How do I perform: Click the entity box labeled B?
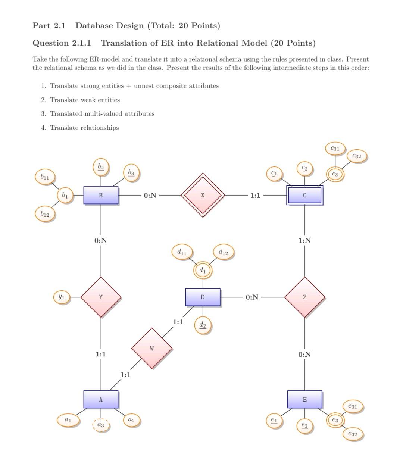click(101, 195)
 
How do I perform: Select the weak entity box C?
click(304, 195)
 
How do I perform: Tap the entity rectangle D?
click(203, 297)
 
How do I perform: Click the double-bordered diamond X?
click(203, 195)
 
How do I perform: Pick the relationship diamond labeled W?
click(152, 348)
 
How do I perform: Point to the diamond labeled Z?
click(304, 297)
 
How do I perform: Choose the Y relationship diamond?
click(101, 297)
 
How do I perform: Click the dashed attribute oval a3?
click(101, 425)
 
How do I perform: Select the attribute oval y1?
click(61, 297)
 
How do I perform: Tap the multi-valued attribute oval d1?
click(203, 270)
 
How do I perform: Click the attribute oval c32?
click(357, 156)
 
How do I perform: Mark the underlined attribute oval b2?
click(101, 166)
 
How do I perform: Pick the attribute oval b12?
click(45, 214)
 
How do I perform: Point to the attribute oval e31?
click(352, 406)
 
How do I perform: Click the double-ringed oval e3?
click(335, 420)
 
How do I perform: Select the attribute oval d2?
click(203, 325)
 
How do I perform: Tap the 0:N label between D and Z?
click(252, 297)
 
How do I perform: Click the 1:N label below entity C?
click(304, 240)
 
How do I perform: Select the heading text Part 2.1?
click(49, 26)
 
